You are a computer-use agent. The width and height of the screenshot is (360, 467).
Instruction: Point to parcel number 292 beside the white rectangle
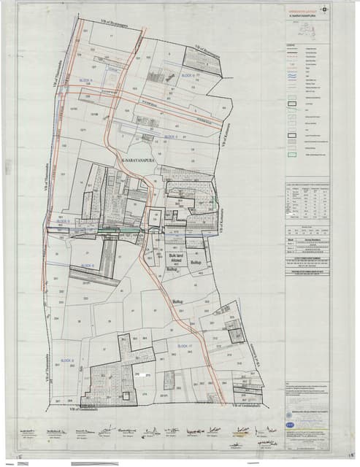tap(136, 374)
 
